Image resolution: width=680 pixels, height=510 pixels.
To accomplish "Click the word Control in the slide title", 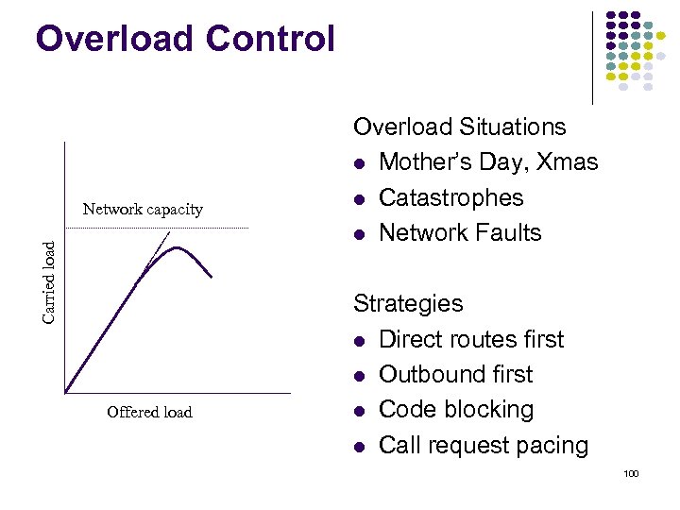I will [x=273, y=39].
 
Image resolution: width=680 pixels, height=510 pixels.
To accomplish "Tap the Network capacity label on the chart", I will [x=143, y=209].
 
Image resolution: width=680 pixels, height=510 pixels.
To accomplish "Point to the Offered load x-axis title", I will [x=149, y=412].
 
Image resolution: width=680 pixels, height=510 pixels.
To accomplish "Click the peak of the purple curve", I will [x=177, y=248].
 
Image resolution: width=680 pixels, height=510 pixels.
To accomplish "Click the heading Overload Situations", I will [x=459, y=127].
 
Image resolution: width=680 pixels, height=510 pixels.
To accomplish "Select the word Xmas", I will [x=567, y=162].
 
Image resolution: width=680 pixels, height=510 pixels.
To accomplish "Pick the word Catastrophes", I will [x=450, y=197].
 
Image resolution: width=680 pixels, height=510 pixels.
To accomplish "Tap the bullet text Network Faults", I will [x=460, y=232].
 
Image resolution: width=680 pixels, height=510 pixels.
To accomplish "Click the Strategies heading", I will [x=408, y=303].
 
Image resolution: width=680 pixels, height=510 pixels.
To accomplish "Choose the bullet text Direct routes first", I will [x=470, y=339].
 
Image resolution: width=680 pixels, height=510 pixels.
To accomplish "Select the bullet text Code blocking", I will [x=455, y=410].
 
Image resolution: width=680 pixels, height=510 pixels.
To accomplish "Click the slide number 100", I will [x=631, y=472].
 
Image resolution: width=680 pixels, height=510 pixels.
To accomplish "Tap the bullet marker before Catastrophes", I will [x=360, y=198].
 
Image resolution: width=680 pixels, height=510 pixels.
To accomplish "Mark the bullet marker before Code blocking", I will [x=360, y=411].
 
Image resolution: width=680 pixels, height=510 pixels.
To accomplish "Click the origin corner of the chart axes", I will [x=64, y=392].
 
